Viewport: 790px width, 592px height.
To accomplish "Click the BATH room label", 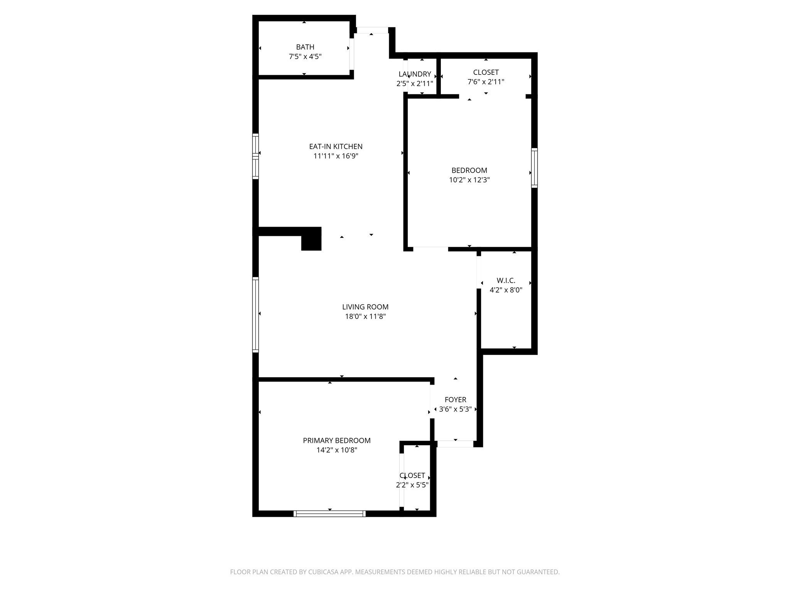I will [x=305, y=47].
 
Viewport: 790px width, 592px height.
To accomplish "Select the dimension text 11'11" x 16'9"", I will [x=336, y=156].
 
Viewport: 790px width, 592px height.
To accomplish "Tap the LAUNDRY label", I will [x=415, y=74].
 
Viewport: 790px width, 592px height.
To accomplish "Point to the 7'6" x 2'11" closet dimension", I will [x=486, y=82].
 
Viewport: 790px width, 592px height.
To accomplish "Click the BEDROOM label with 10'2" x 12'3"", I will [x=469, y=170].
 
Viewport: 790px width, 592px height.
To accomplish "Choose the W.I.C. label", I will [x=506, y=281].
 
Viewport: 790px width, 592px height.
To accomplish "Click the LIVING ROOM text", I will [x=365, y=307].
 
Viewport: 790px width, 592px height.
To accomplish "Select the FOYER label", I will [x=455, y=400].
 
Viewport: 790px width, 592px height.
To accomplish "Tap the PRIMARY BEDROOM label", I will [x=336, y=441].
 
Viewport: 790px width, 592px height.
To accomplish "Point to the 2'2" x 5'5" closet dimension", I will [x=412, y=485].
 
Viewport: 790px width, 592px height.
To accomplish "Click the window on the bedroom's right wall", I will [x=534, y=168].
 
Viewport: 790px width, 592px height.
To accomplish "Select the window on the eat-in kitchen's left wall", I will [x=255, y=156].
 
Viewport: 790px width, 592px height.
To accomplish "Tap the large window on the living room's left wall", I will [x=255, y=314].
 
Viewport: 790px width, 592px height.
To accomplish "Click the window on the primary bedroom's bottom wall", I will [x=329, y=513].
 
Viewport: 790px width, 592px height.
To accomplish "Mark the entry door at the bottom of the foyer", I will [x=455, y=444].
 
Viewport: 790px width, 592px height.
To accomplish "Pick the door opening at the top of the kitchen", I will [x=372, y=30].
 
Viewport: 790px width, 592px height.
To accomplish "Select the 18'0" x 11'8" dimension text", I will [x=365, y=316].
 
